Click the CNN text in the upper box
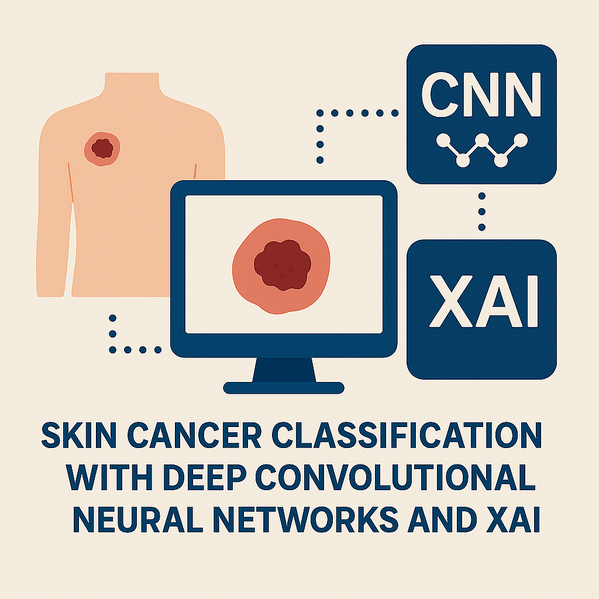click(x=481, y=94)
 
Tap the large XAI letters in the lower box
click(x=484, y=301)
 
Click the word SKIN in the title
click(x=79, y=435)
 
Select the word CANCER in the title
click(x=194, y=435)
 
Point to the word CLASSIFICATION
click(x=407, y=435)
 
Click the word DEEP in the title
click(x=205, y=477)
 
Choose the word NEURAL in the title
click(x=138, y=519)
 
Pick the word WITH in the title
click(x=109, y=477)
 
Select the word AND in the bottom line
click(x=442, y=519)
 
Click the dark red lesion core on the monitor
click(x=283, y=265)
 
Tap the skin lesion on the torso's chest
click(x=102, y=149)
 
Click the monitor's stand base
click(x=284, y=388)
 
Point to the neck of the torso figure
click(x=132, y=84)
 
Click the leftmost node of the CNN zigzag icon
click(x=443, y=140)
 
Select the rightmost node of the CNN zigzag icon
click(x=521, y=140)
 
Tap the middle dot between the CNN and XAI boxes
click(x=482, y=212)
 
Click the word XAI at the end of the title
click(x=513, y=519)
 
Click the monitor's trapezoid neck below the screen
click(x=284, y=370)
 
